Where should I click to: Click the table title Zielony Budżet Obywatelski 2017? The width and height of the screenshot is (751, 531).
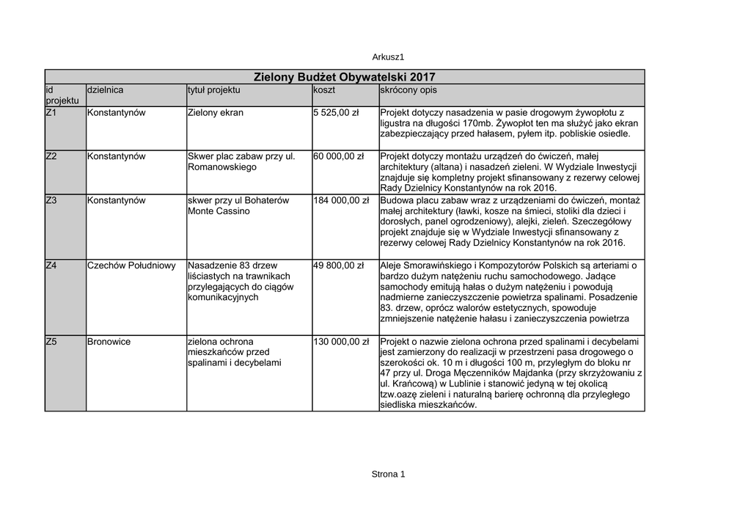344,77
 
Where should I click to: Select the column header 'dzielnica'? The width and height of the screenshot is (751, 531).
105,89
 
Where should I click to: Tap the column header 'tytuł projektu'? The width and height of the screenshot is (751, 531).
213,89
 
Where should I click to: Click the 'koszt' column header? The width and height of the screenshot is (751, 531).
323,89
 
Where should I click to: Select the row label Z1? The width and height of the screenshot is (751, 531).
51,113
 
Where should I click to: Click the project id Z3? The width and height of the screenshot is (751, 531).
51,200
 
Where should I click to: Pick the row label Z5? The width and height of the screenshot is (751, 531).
51,342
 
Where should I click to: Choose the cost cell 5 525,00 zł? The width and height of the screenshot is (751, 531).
335,113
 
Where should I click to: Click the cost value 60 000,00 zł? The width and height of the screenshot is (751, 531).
338,156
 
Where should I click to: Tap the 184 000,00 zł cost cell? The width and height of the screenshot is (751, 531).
341,200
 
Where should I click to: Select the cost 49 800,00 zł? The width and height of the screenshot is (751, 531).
338,265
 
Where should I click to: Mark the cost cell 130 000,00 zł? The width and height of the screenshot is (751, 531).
341,342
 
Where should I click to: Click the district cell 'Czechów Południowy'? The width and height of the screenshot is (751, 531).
131,265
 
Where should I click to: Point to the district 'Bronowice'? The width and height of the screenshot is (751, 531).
109,342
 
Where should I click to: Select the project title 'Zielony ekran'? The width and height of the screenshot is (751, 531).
216,113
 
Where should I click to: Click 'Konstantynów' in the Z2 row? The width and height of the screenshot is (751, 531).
116,156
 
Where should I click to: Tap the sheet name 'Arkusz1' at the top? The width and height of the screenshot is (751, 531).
389,56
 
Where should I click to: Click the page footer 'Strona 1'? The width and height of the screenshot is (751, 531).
389,474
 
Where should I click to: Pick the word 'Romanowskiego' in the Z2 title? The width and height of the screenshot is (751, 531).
222,167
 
